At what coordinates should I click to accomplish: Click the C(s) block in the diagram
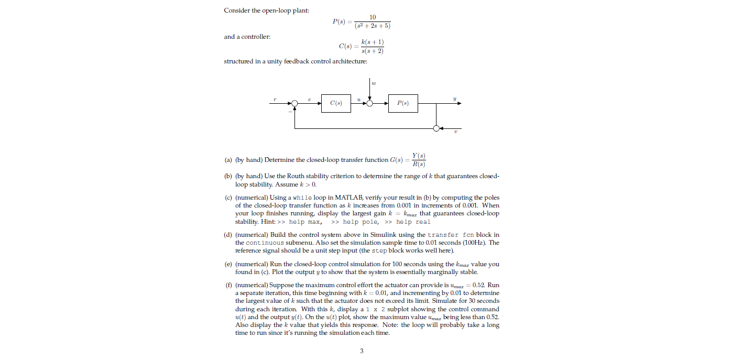[336, 103]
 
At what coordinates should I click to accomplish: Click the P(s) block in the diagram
[403, 103]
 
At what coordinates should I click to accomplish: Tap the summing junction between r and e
[295, 104]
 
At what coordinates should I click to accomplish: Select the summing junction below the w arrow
[370, 104]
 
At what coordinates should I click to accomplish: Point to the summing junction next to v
[436, 128]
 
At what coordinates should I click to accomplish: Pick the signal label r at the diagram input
[275, 97]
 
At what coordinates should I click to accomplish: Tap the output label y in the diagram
[455, 97]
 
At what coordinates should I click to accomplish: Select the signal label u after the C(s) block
[358, 98]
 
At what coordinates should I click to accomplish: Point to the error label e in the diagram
[310, 98]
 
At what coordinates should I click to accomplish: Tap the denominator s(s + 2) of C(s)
[373, 51]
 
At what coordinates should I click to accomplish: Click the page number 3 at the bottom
[362, 351]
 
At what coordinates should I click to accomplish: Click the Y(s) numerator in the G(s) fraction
[419, 155]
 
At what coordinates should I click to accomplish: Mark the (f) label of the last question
[228, 285]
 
